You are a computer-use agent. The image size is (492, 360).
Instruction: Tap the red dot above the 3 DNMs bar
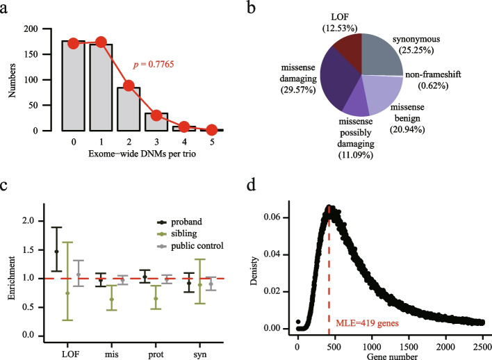click(158, 115)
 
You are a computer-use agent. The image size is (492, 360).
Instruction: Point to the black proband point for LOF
click(56, 251)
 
